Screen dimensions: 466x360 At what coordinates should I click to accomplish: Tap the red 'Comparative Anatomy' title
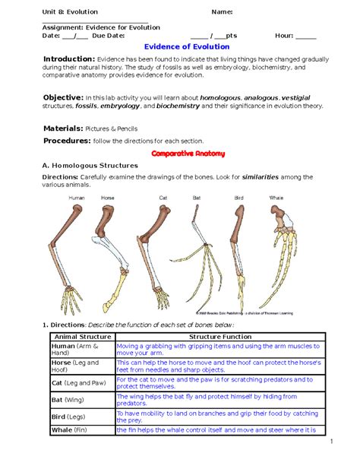188,154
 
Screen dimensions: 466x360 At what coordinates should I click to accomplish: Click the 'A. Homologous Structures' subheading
90,165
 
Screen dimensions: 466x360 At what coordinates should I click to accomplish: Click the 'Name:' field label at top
222,11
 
